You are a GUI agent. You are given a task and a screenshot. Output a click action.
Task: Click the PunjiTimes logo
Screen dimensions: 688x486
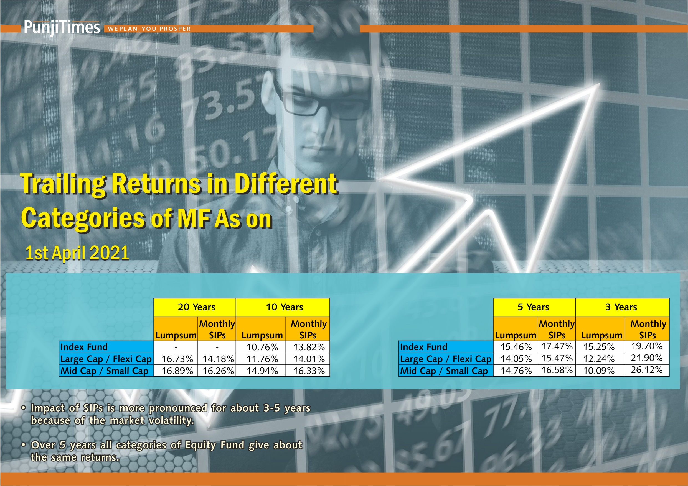click(62, 27)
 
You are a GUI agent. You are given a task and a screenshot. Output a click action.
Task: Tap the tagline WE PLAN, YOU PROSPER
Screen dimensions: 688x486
click(149, 29)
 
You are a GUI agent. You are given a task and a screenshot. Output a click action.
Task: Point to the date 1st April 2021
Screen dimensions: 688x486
click(77, 253)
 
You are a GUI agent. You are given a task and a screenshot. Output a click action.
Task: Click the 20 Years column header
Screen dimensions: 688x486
click(196, 307)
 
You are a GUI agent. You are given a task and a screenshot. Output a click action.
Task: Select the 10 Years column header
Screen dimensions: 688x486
click(284, 307)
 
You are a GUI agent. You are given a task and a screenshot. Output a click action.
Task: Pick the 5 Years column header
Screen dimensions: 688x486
click(533, 307)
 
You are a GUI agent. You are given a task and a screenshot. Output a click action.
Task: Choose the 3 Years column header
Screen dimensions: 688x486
click(621, 307)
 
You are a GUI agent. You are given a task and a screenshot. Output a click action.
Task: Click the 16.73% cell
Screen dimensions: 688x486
click(177, 359)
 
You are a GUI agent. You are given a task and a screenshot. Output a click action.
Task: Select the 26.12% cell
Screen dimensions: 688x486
click(647, 370)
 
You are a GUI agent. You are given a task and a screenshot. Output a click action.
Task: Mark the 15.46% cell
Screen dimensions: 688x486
click(516, 347)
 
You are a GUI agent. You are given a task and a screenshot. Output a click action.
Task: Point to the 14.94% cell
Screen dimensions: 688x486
click(262, 371)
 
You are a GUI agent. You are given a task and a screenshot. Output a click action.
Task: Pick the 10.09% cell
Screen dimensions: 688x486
click(599, 371)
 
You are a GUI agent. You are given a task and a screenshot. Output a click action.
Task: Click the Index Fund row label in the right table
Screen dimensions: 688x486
click(423, 347)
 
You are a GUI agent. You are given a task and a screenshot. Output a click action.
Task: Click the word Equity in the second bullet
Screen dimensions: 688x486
click(200, 445)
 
